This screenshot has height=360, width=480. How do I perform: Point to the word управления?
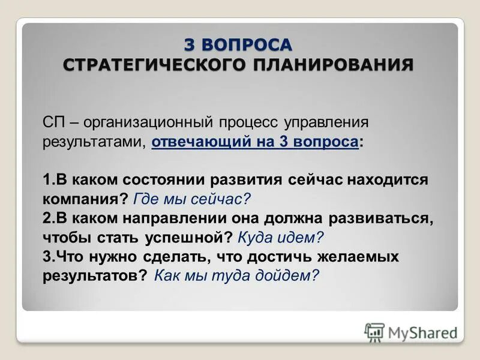pyautogui.click(x=334, y=123)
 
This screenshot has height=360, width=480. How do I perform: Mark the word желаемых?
pyautogui.click(x=363, y=256)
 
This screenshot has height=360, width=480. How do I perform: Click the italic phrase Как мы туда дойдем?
pyautogui.click(x=236, y=275)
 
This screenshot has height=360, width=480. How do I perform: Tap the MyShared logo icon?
pyautogui.click(x=374, y=332)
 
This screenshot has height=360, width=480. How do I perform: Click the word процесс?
pyautogui.click(x=251, y=123)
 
